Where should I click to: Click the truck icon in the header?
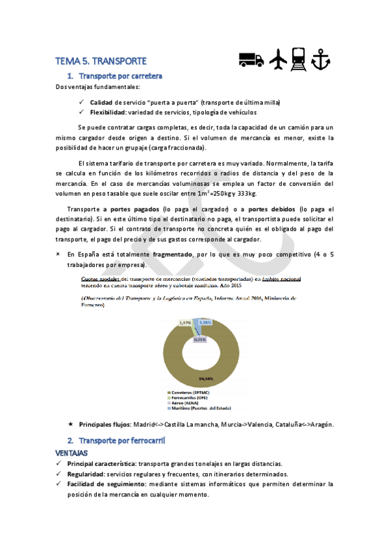click(x=251, y=59)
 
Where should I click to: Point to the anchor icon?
click(x=321, y=59)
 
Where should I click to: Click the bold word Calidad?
click(x=101, y=103)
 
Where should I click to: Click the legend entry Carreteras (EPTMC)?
click(x=195, y=392)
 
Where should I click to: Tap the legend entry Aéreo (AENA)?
click(x=188, y=403)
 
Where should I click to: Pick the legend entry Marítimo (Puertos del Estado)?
click(x=207, y=408)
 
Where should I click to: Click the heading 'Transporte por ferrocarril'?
click(x=123, y=441)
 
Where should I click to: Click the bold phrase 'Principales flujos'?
click(x=105, y=424)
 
